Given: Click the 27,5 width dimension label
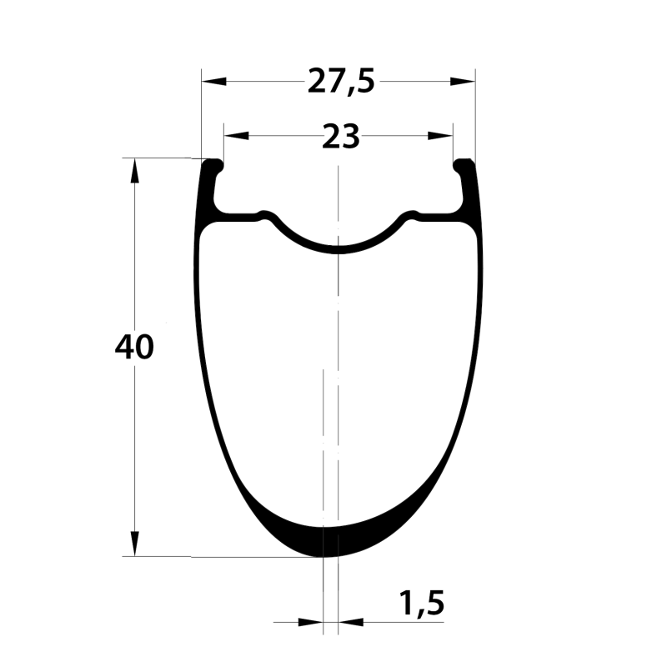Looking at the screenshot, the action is pyautogui.click(x=341, y=82).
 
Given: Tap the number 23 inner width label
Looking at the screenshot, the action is pyautogui.click(x=341, y=137).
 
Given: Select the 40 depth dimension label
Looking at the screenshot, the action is pyautogui.click(x=134, y=347).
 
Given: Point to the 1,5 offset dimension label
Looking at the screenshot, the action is pyautogui.click(x=422, y=604).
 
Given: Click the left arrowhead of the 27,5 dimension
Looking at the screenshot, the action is pyautogui.click(x=214, y=81).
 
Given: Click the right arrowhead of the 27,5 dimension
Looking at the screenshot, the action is pyautogui.click(x=463, y=81).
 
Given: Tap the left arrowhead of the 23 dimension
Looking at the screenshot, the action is pyautogui.click(x=237, y=136).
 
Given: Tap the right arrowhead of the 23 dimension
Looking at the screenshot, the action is pyautogui.click(x=440, y=136).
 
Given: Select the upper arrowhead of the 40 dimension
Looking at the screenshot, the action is pyautogui.click(x=135, y=171).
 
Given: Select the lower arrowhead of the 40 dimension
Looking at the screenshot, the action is pyautogui.click(x=135, y=544).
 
